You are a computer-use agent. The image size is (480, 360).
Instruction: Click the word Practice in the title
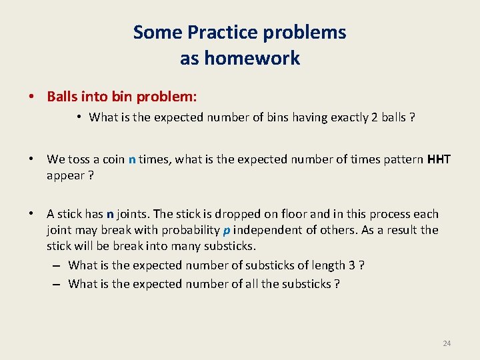click(217, 32)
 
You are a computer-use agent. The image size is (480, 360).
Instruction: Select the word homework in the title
click(252, 59)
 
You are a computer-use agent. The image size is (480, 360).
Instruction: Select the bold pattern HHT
click(439, 159)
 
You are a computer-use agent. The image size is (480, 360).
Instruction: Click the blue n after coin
click(132, 159)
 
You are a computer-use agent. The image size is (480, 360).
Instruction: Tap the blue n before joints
click(109, 214)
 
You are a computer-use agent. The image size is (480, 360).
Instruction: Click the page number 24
click(447, 343)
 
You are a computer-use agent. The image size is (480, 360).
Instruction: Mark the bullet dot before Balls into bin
click(31, 97)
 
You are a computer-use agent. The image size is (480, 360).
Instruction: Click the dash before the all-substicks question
click(56, 284)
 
